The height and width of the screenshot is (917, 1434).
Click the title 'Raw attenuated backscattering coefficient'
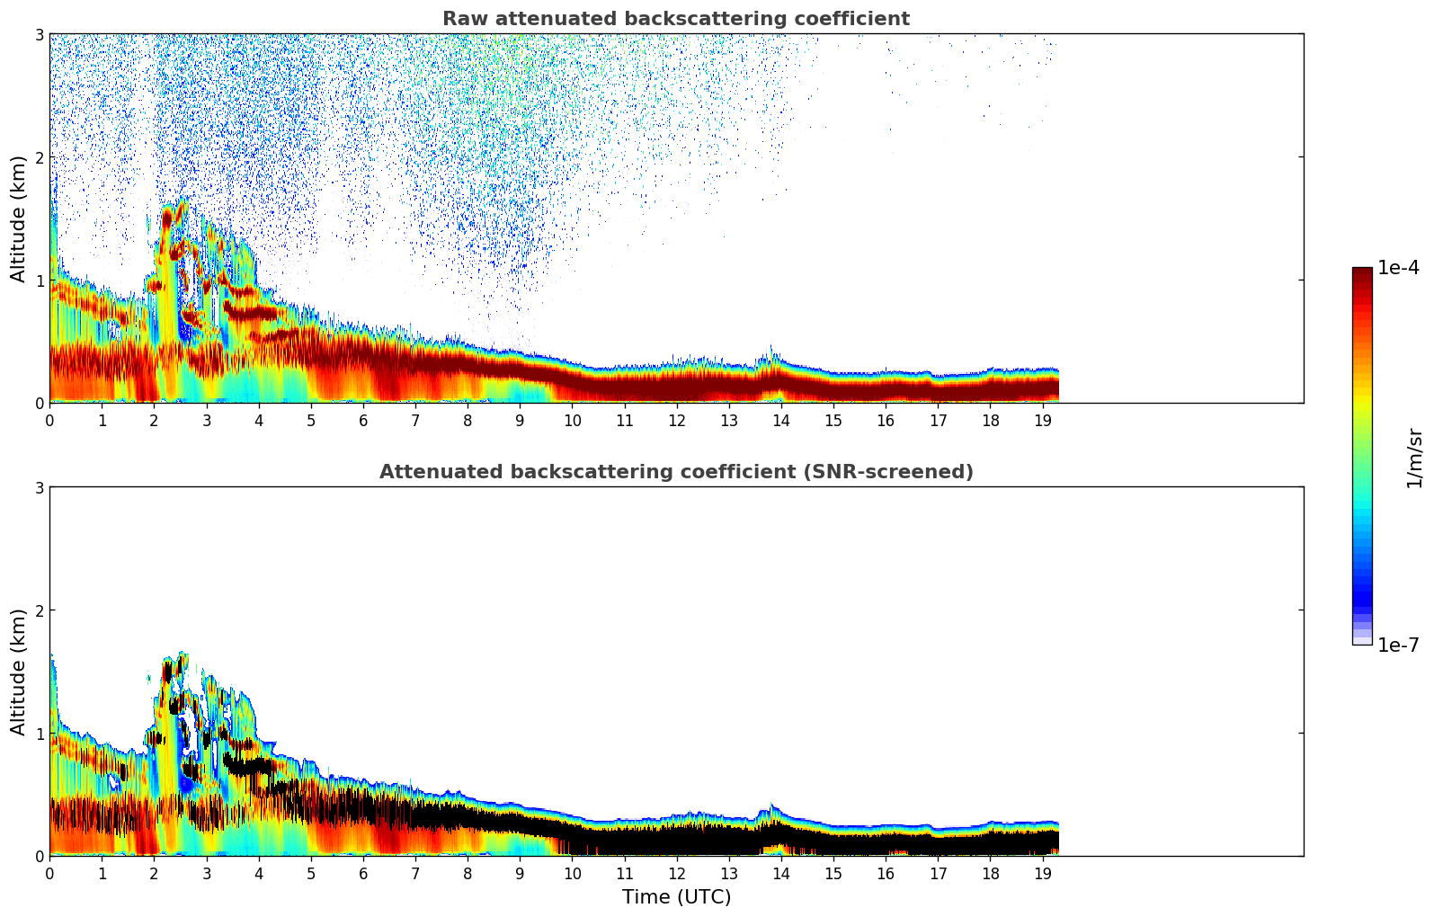click(x=675, y=19)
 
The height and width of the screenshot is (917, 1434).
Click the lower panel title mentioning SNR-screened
click(x=675, y=472)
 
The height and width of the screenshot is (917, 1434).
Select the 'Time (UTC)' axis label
click(x=676, y=897)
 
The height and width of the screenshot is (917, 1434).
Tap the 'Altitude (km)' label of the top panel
click(x=19, y=218)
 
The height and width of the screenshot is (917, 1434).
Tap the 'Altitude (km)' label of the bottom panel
click(x=19, y=672)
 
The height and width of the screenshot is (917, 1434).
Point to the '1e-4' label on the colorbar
click(x=1398, y=268)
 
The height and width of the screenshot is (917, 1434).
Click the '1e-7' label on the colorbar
click(x=1398, y=645)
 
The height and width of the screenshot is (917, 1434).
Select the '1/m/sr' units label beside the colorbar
click(x=1414, y=458)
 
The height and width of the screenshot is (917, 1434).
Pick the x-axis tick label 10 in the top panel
click(x=572, y=420)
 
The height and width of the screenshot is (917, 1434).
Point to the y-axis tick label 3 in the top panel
click(x=40, y=34)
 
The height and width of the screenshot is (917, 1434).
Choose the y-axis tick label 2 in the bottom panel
click(x=40, y=610)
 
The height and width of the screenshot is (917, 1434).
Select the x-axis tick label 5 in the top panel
click(x=311, y=420)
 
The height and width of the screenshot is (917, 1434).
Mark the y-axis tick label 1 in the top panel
click(x=40, y=280)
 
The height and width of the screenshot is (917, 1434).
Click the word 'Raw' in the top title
click(x=463, y=19)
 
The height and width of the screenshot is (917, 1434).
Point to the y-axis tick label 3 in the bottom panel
click(x=40, y=487)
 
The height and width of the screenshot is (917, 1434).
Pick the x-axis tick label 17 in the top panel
click(x=938, y=420)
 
